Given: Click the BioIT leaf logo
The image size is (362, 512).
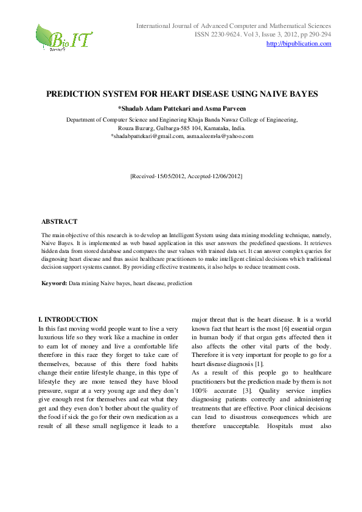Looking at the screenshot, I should pyautogui.click(x=63, y=38).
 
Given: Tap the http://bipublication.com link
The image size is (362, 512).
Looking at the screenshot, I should pyautogui.click(x=299, y=44).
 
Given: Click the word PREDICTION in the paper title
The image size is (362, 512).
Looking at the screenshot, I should pyautogui.click(x=77, y=95).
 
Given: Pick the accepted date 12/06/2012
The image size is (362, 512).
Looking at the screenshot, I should pyautogui.click(x=225, y=176).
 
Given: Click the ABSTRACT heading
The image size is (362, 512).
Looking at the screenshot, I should pyautogui.click(x=59, y=221).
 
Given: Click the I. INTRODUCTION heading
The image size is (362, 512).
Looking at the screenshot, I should pyautogui.click(x=68, y=319).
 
